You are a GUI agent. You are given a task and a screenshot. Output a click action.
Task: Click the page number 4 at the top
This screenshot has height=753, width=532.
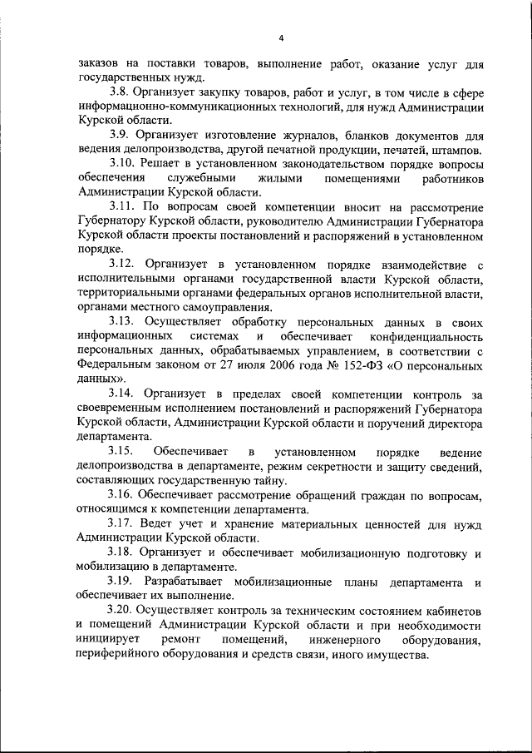pyautogui.click(x=281, y=37)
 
